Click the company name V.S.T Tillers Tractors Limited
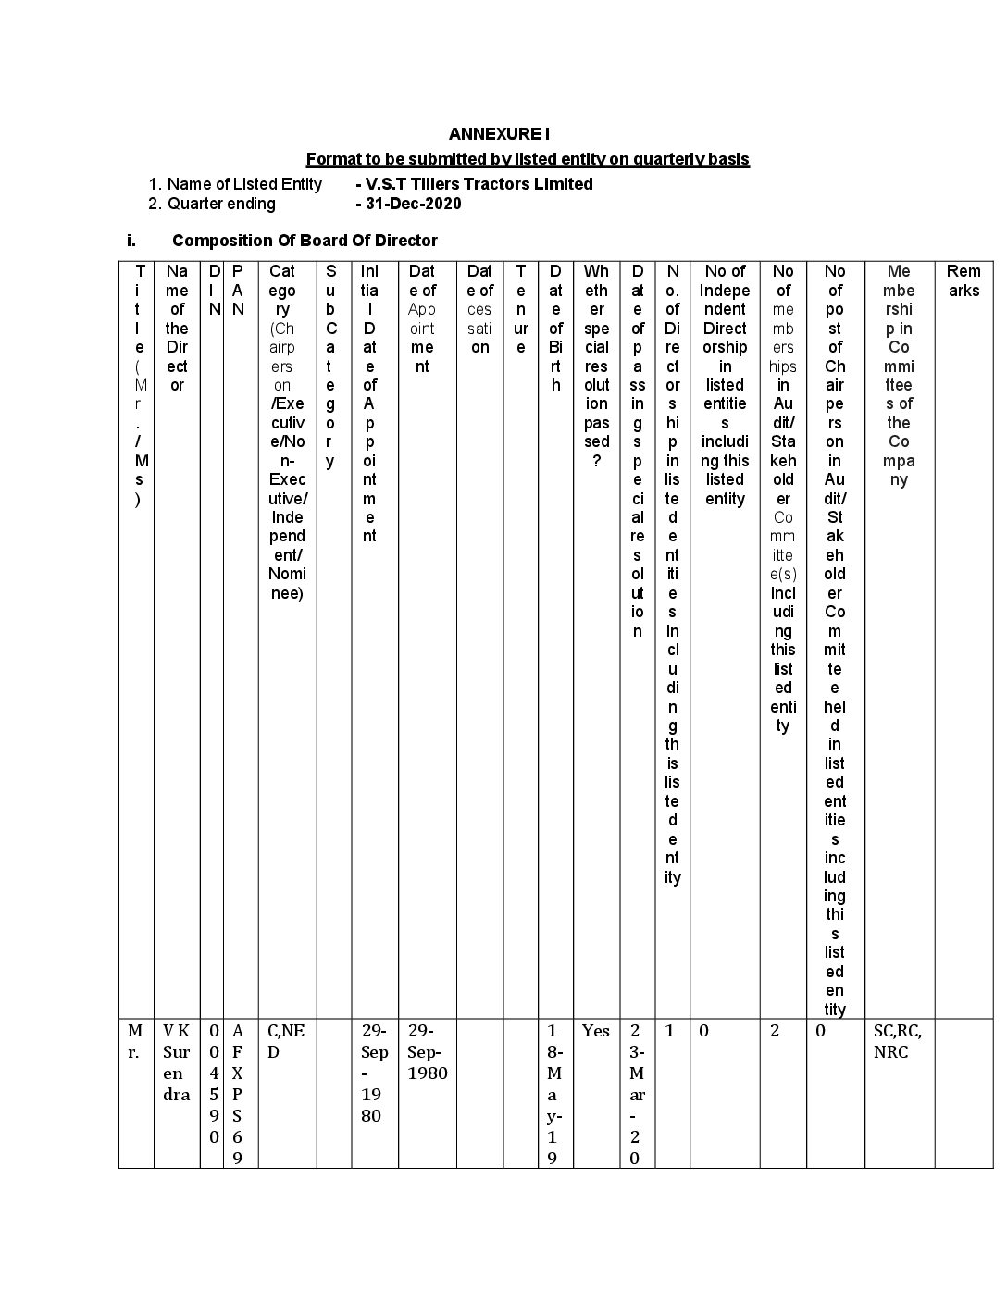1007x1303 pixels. pos(479,184)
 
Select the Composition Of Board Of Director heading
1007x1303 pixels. pos(305,241)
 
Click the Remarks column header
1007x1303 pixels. pos(963,280)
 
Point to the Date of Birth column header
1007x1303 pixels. pos(555,328)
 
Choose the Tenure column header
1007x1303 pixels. pos(521,309)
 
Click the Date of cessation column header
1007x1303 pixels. pos(479,309)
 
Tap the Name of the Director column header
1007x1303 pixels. pos(177,328)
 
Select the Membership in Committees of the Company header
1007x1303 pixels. pos(899,375)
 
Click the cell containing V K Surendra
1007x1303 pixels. pos(177,1062)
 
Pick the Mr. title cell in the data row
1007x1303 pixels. pos(135,1041)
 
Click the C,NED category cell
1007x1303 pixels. pos(286,1041)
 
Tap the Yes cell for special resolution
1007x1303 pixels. pos(596,1031)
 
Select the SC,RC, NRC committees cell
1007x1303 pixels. pos(898,1041)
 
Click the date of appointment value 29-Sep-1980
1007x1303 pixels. pos(427,1052)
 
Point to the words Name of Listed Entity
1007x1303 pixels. pos(244,184)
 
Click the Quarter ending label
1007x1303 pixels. pos(221,204)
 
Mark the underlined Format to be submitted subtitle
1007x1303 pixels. pos(528,159)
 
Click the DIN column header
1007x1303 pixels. pos(215,290)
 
